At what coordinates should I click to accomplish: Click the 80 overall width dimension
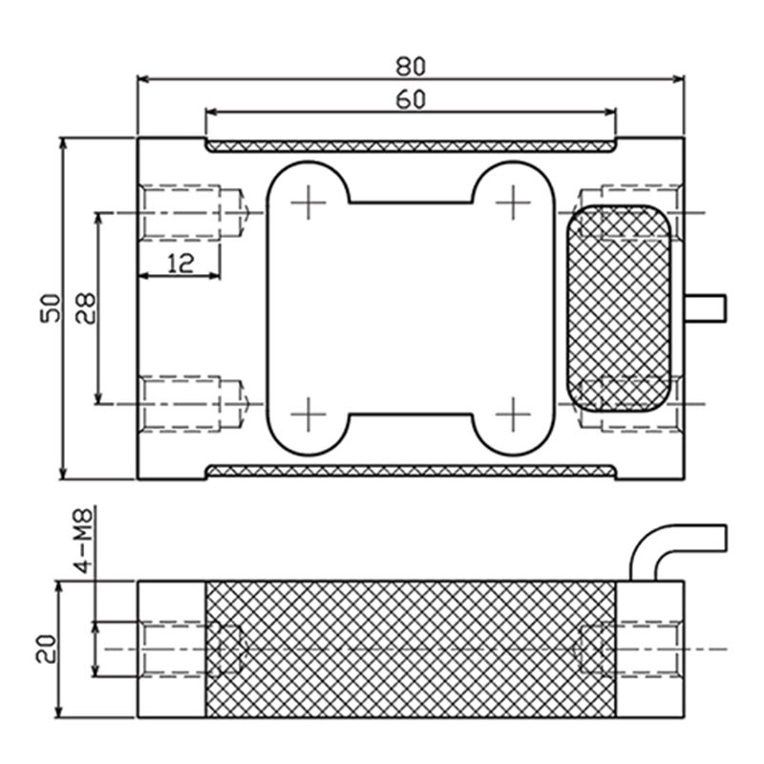[x=411, y=66]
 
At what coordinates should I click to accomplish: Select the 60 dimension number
[x=411, y=98]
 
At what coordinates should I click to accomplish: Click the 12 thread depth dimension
[x=180, y=264]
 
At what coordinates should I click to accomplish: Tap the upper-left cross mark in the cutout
[x=308, y=202]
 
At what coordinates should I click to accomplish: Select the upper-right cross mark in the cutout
[x=514, y=202]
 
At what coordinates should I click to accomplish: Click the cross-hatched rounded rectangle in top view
[x=619, y=308]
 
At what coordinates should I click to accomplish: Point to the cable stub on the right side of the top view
[x=707, y=307]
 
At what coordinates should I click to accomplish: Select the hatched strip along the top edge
[x=411, y=146]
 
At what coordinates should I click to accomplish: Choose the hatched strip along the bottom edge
[x=411, y=471]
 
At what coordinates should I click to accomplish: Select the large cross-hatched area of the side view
[x=411, y=648]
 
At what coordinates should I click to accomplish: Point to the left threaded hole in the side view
[x=181, y=648]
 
